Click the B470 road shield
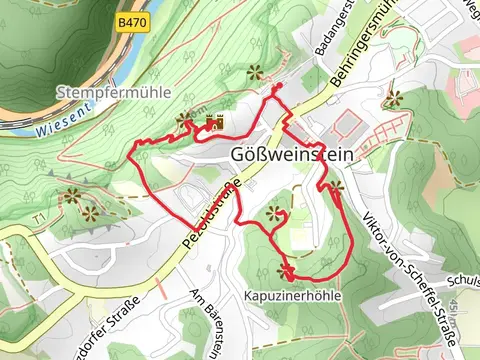[x=130, y=21]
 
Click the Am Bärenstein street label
[x=206, y=320]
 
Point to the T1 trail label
[x=40, y=217]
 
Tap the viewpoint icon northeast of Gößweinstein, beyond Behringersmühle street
[x=394, y=98]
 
